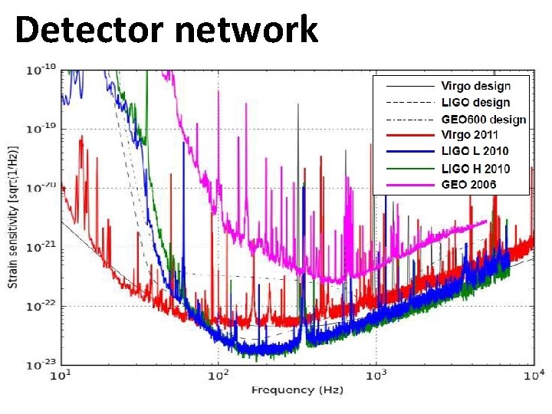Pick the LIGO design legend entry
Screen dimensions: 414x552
tap(475, 103)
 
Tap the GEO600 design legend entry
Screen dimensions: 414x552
tap(483, 119)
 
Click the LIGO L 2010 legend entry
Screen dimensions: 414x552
tap(475, 152)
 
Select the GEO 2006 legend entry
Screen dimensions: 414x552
tap(468, 185)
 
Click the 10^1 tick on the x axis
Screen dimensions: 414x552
tap(61, 376)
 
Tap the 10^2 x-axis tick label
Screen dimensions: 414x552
tap(219, 376)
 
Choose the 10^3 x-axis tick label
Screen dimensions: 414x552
tap(376, 376)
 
